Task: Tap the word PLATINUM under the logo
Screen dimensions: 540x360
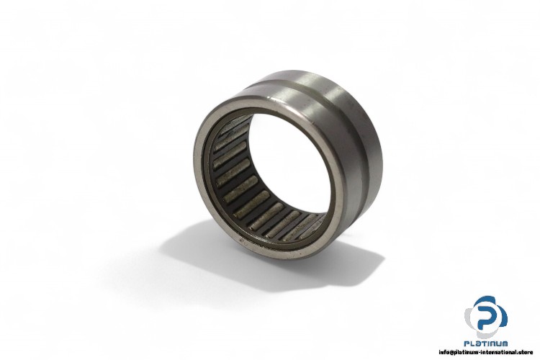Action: coord(485,346)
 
